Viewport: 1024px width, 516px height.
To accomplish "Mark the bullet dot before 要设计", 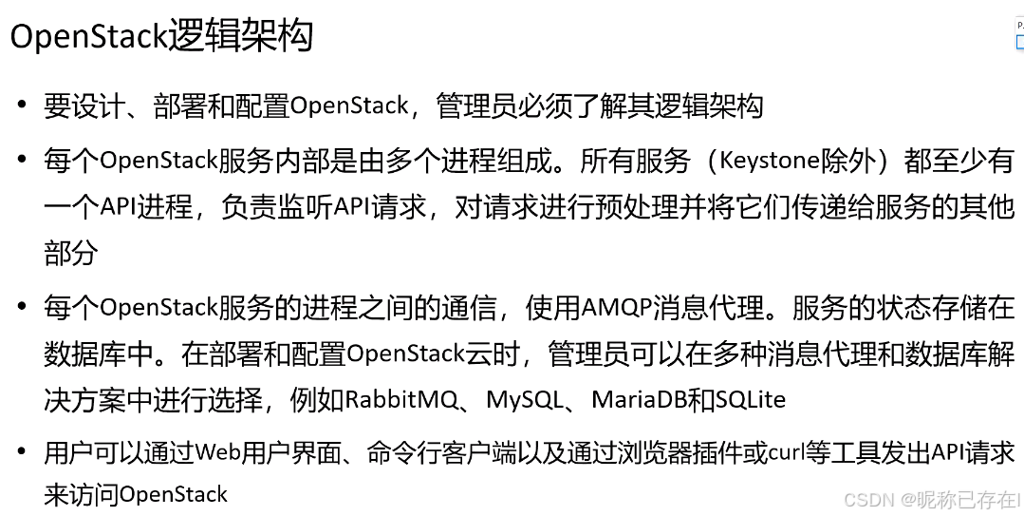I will tap(21, 105).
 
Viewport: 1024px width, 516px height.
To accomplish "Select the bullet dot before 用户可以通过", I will tap(21, 453).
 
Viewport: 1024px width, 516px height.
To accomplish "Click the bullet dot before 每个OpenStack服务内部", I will tap(21, 162).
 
